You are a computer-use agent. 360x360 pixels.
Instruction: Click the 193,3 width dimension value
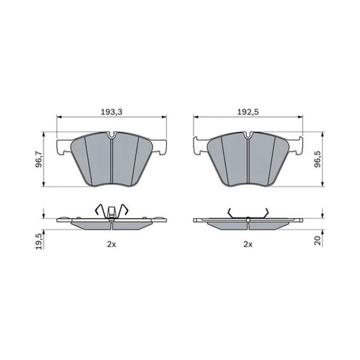point(112,112)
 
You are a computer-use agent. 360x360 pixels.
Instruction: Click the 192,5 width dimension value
point(248,112)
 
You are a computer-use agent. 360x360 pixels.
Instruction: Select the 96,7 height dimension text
point(39,159)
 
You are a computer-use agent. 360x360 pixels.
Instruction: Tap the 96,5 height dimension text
point(318,159)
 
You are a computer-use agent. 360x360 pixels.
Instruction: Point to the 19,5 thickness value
point(39,241)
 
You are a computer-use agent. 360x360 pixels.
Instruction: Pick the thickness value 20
point(318,241)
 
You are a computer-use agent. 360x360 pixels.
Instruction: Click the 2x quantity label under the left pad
point(112,244)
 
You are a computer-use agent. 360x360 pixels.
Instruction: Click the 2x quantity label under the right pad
point(248,244)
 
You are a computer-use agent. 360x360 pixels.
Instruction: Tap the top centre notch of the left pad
point(112,135)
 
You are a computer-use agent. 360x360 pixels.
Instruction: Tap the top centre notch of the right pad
point(248,135)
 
